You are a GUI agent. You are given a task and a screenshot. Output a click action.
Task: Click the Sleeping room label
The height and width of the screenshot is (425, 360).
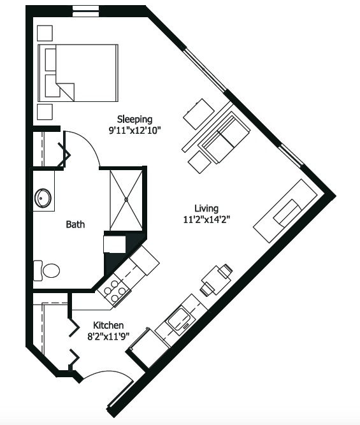click(x=134, y=119)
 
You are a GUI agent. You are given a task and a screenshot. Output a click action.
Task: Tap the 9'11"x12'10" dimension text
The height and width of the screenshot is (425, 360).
click(x=134, y=131)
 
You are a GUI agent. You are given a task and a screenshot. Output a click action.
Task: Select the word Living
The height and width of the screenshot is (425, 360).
click(x=206, y=208)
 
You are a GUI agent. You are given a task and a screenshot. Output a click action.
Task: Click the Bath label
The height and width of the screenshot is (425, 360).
click(x=75, y=224)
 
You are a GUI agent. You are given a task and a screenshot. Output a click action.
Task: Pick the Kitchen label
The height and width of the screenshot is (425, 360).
click(x=108, y=325)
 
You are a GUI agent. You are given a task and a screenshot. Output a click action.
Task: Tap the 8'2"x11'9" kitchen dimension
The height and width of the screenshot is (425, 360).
click(x=108, y=336)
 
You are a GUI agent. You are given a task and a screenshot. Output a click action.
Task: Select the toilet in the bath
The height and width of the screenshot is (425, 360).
click(x=47, y=271)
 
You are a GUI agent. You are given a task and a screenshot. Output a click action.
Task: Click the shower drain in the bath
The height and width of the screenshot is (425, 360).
click(x=126, y=200)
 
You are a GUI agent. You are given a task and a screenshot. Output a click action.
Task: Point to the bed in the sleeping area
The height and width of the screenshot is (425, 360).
click(x=78, y=73)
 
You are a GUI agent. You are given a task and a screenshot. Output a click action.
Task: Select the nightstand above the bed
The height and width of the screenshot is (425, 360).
click(x=45, y=33)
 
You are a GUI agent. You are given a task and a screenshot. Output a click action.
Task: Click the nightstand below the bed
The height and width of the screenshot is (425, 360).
click(x=45, y=112)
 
